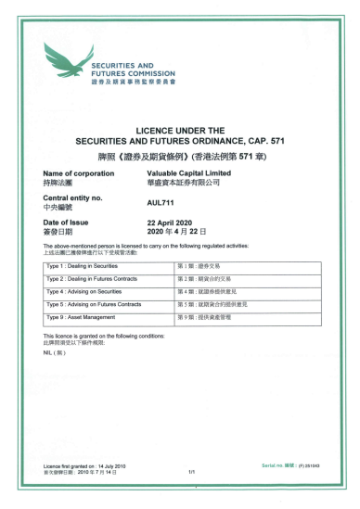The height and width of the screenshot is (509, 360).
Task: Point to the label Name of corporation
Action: pyautogui.click(x=79, y=173)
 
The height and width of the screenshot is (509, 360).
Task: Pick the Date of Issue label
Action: pyautogui.click(x=70, y=223)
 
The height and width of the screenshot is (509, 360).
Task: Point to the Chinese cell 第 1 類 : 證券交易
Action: pyautogui.click(x=197, y=266)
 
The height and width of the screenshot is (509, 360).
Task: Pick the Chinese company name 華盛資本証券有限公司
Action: pyautogui.click(x=183, y=184)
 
